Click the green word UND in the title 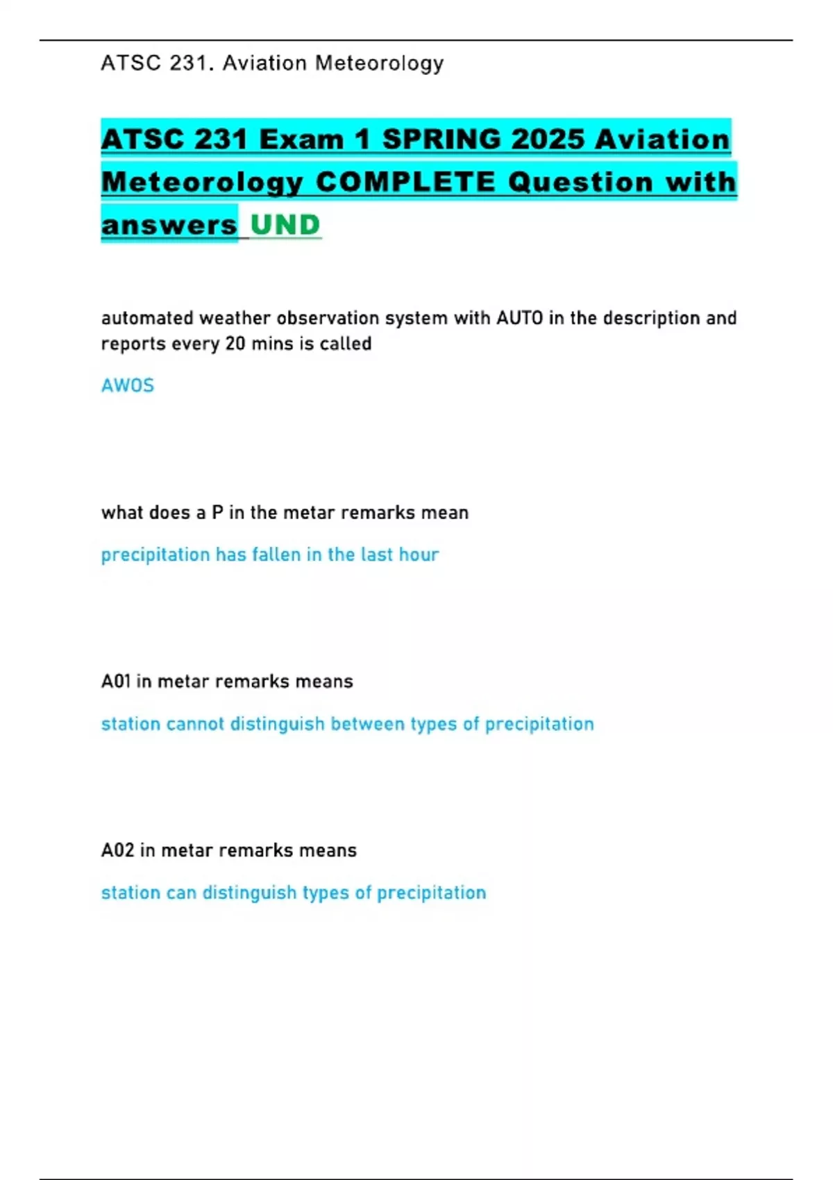click(285, 225)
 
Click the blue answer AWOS click(128, 385)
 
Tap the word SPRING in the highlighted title click(441, 140)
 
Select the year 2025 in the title click(548, 140)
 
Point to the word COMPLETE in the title click(405, 183)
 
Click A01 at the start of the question click(116, 682)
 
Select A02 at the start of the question click(117, 850)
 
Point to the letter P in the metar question click(217, 513)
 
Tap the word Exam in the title click(301, 140)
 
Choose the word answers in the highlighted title click(169, 225)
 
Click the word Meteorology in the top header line click(379, 63)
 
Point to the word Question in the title click(581, 183)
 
